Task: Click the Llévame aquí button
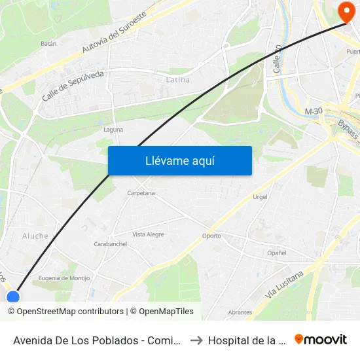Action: click(179, 160)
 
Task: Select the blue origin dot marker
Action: click(13, 298)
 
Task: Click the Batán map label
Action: click(48, 43)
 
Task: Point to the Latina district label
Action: click(177, 80)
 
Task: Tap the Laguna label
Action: click(113, 130)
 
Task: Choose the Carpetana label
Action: click(141, 193)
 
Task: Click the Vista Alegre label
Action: click(148, 234)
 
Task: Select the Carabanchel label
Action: click(110, 244)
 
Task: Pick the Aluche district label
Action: click(35, 236)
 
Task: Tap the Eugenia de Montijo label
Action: click(63, 278)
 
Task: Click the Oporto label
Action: click(211, 236)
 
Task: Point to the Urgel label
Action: click(261, 196)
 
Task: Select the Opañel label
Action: click(277, 253)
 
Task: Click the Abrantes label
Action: click(240, 312)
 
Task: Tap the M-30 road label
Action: click(314, 112)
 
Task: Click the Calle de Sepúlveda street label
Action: click(73, 86)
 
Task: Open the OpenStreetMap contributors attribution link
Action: click(65, 312)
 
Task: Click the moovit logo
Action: click(321, 340)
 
